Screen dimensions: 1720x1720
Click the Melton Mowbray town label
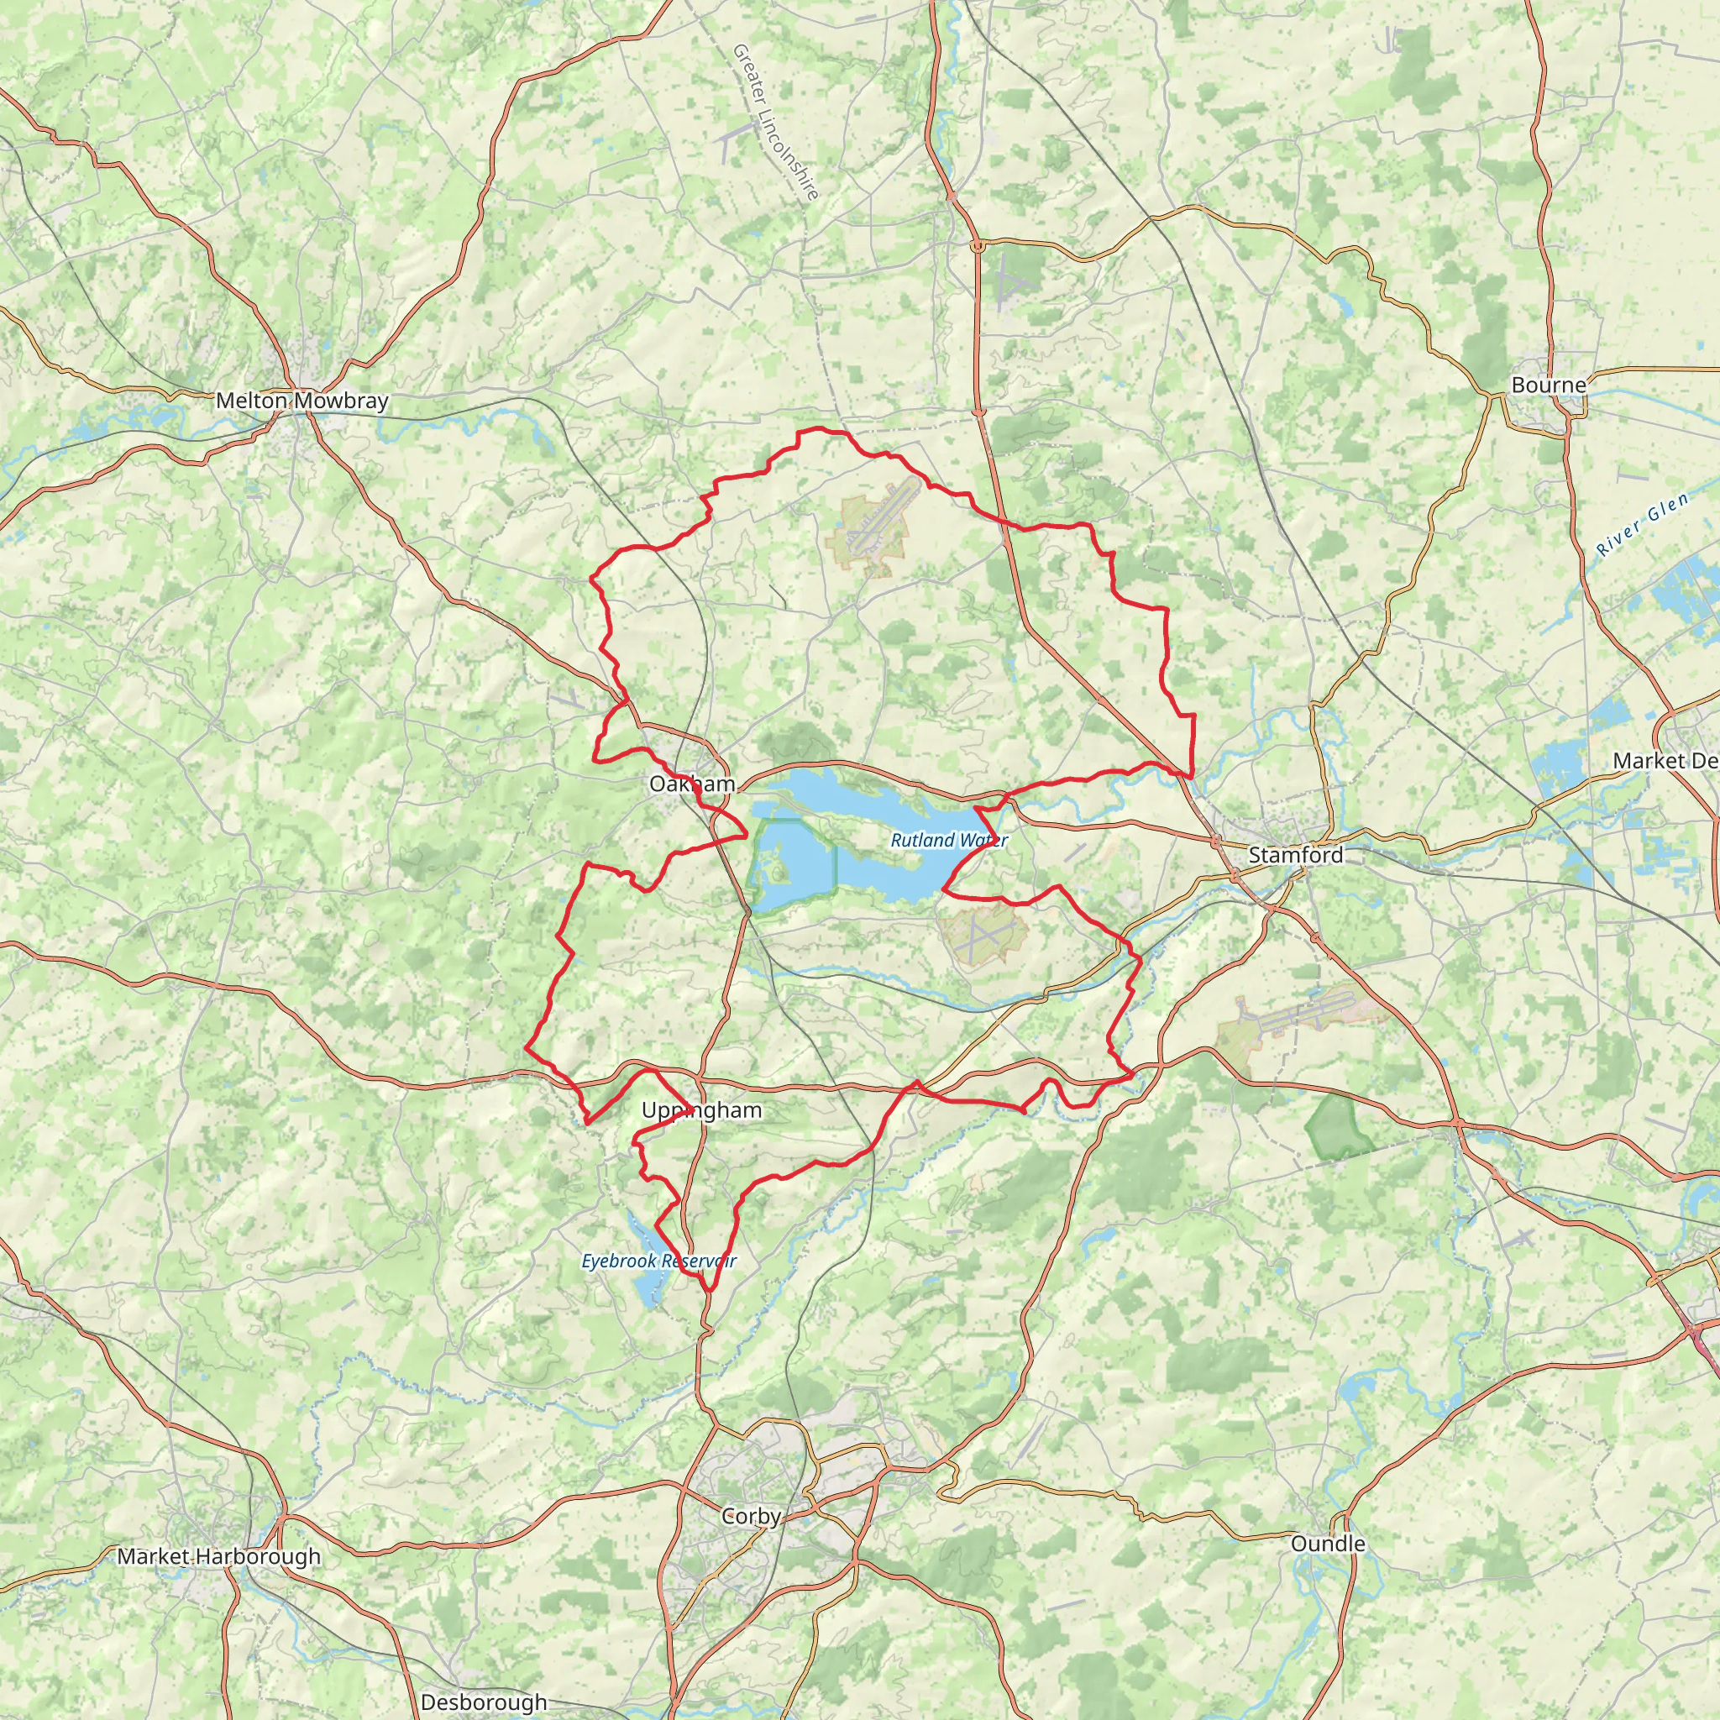(x=302, y=401)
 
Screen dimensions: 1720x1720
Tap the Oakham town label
(x=692, y=784)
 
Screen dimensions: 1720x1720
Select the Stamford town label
(x=1295, y=856)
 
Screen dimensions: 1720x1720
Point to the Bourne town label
(x=1548, y=385)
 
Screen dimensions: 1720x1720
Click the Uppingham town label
(x=701, y=1110)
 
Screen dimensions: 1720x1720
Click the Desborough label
(x=484, y=1702)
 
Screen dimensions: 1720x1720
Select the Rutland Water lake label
(x=948, y=841)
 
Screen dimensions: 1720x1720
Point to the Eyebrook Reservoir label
(x=658, y=1261)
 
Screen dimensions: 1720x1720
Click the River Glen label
(x=1643, y=525)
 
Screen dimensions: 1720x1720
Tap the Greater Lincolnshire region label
(x=774, y=122)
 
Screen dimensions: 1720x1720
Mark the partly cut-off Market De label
(x=1665, y=760)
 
